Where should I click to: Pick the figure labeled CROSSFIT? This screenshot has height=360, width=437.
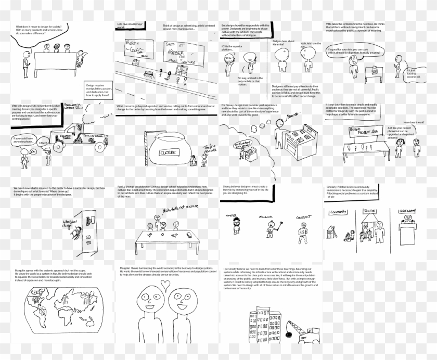[304, 226]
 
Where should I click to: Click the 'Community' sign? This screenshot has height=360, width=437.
[339, 213]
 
